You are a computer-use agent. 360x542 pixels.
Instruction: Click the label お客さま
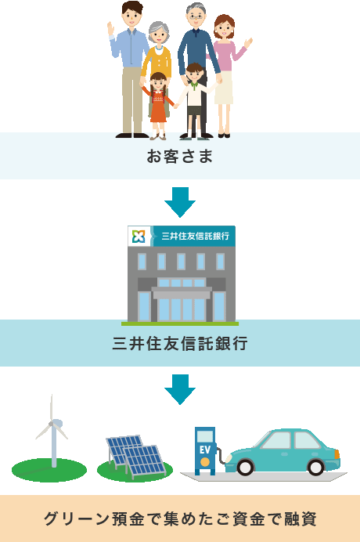(x=180, y=156)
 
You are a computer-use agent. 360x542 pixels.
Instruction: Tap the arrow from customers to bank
(x=180, y=202)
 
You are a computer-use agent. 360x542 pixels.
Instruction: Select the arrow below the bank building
(x=180, y=389)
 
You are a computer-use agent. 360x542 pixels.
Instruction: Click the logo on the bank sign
(x=139, y=236)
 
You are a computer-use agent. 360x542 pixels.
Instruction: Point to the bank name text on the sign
(x=196, y=236)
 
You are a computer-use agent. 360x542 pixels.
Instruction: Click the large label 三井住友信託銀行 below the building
(x=180, y=343)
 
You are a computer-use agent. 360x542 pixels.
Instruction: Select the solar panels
(x=135, y=457)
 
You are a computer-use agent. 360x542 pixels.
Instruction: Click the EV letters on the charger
(x=204, y=450)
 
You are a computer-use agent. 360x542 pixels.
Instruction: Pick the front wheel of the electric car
(x=246, y=467)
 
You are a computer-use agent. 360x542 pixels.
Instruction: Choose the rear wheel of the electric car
(x=315, y=467)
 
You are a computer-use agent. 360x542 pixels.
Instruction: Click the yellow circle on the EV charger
(x=204, y=462)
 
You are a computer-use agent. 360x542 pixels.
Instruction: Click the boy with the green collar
(x=194, y=101)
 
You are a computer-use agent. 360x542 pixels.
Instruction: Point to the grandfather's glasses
(x=196, y=17)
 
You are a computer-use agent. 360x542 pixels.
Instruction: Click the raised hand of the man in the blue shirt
(x=110, y=28)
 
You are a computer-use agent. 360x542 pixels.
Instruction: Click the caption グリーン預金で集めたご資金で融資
(x=180, y=519)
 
